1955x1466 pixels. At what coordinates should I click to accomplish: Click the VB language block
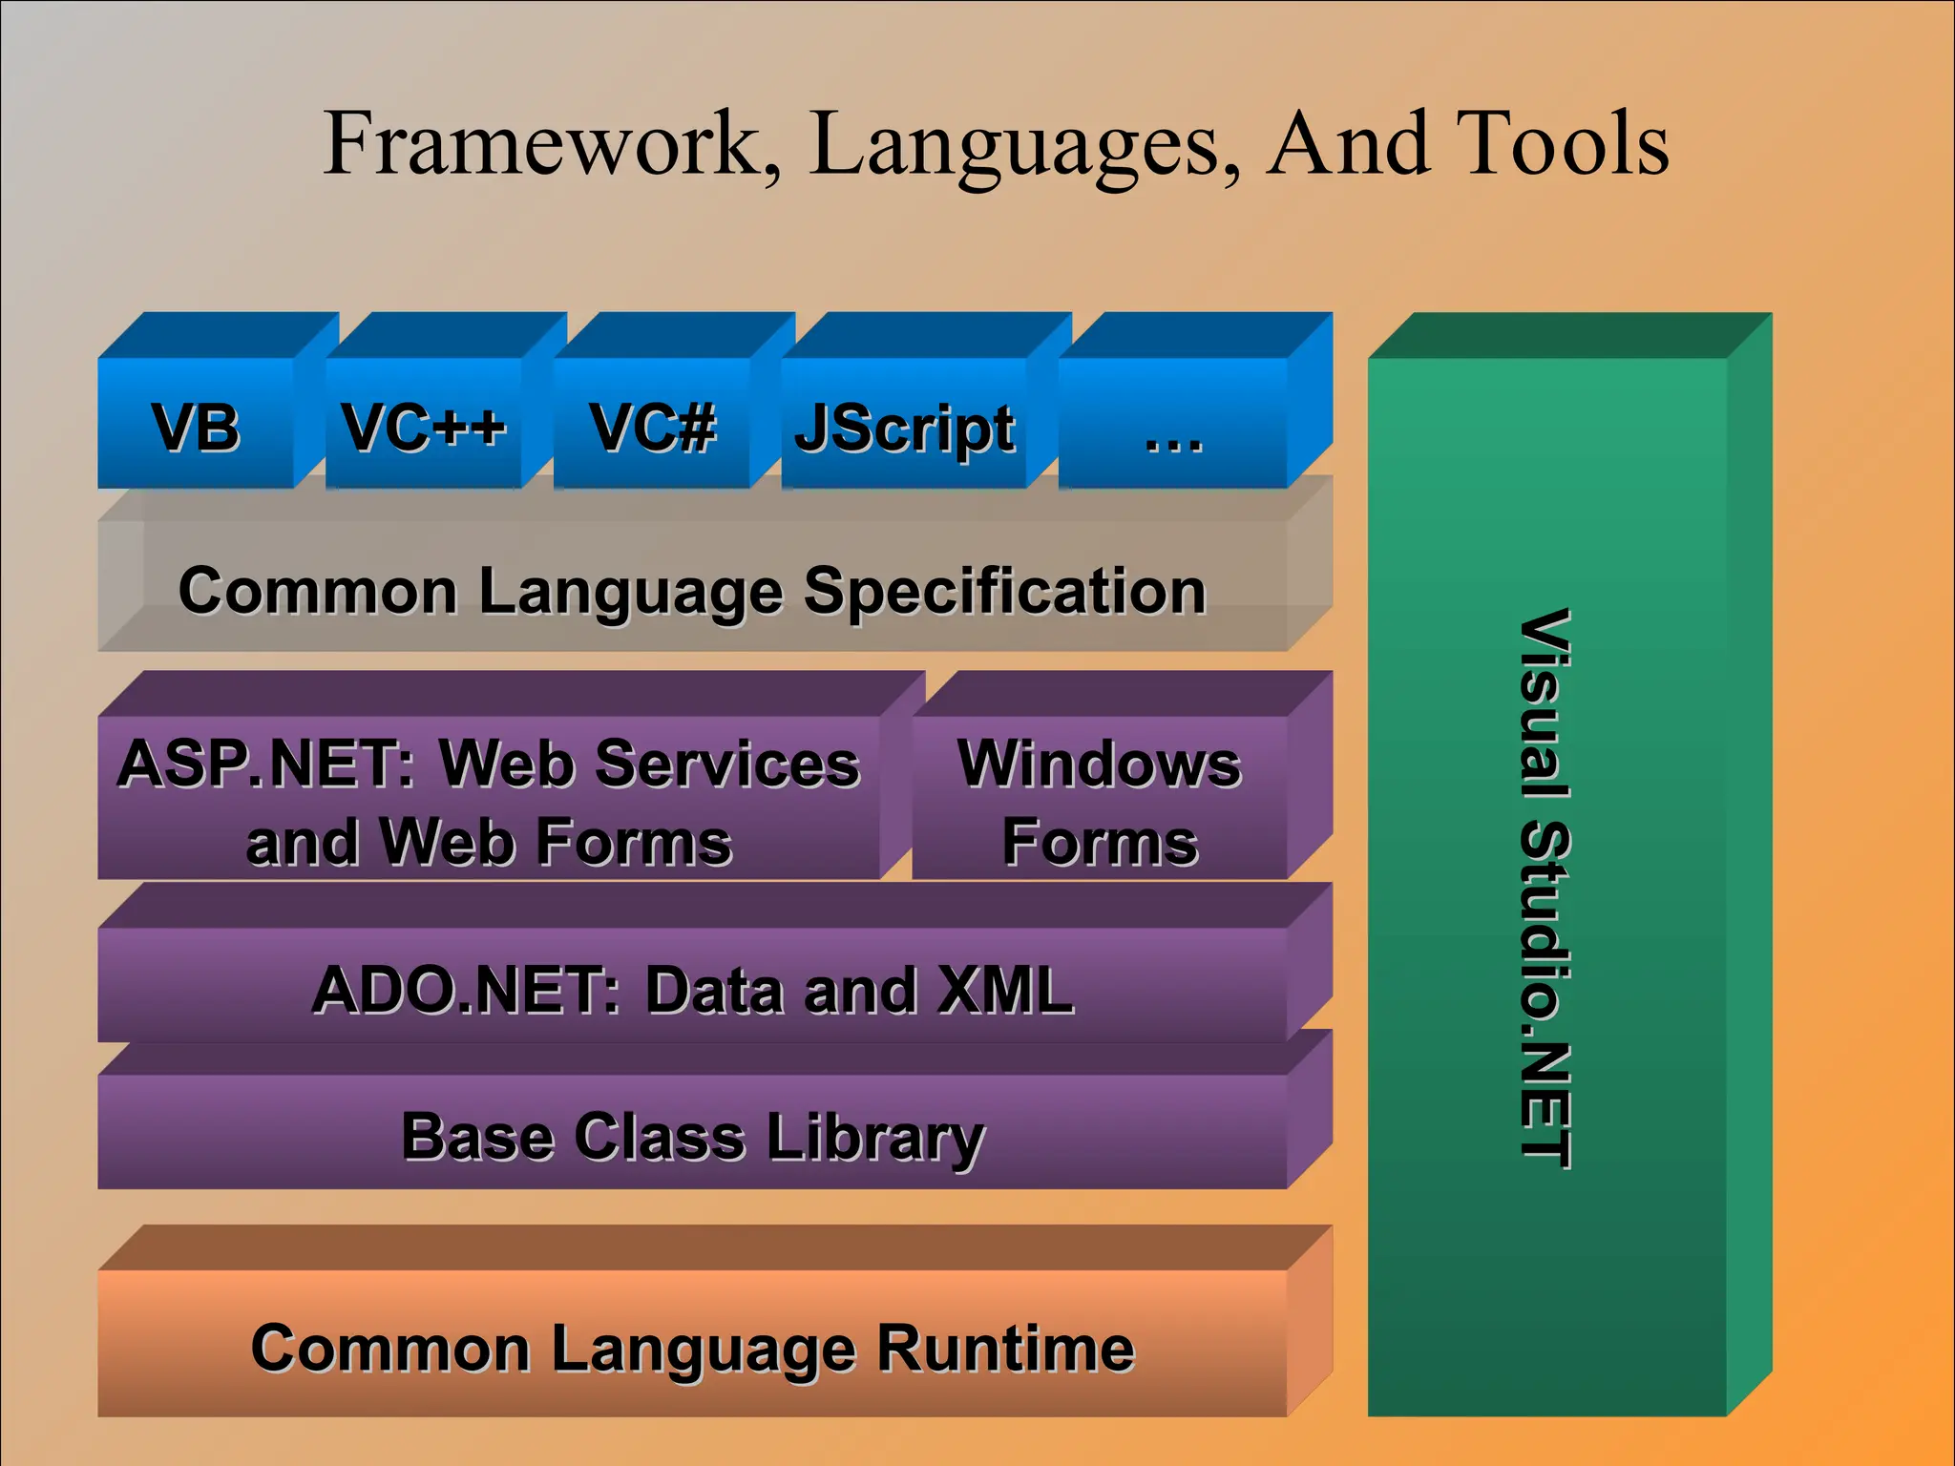click(x=196, y=427)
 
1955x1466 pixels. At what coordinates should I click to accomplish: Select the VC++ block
click(x=424, y=427)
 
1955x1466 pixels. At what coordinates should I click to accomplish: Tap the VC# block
click(x=652, y=427)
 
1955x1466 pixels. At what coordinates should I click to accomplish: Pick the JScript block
click(x=904, y=429)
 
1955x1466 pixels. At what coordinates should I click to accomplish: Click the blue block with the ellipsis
click(x=1173, y=427)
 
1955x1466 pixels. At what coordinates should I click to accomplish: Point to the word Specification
click(x=1005, y=592)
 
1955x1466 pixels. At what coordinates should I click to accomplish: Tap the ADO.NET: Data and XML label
click(x=693, y=990)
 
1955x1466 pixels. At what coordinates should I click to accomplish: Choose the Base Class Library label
click(x=693, y=1137)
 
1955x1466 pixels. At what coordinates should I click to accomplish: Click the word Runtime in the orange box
click(x=1005, y=1349)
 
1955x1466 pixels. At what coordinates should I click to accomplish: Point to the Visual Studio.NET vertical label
click(x=1545, y=888)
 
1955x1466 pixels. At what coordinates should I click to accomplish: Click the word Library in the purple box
click(x=875, y=1139)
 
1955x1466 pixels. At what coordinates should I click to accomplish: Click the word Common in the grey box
click(x=318, y=591)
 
